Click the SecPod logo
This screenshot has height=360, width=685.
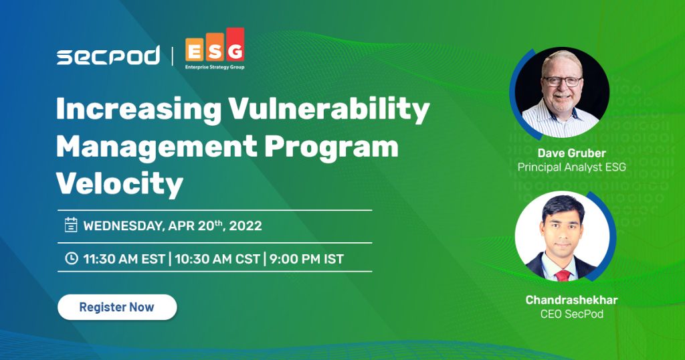(108, 56)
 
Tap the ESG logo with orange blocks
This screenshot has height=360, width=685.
(215, 48)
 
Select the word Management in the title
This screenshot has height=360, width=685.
(157, 148)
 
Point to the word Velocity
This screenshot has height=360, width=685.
(119, 183)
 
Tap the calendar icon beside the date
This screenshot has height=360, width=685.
(71, 225)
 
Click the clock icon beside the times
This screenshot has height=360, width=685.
(71, 258)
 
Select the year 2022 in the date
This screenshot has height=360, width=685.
(246, 226)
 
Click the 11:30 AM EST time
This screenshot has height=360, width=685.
(124, 259)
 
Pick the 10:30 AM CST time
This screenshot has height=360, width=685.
(217, 259)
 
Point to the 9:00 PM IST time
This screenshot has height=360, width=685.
(306, 259)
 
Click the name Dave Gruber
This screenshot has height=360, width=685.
(571, 153)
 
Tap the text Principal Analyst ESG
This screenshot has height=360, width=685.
(571, 167)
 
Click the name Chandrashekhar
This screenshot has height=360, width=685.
(571, 300)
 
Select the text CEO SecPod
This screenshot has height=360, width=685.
(571, 314)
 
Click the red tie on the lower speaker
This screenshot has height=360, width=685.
(563, 275)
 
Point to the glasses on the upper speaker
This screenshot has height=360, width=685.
(563, 81)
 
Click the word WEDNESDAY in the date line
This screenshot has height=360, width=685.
(124, 226)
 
